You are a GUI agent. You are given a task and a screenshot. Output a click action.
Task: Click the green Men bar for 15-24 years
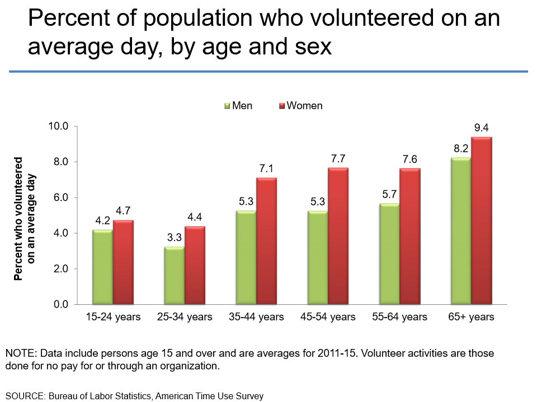102,267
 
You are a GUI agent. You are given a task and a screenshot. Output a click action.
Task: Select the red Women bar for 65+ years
481,221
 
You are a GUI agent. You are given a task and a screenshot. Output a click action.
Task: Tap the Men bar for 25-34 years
174,275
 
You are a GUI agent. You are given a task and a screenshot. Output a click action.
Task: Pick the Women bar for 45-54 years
338,236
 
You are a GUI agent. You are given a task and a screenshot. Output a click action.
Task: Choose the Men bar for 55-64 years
389,254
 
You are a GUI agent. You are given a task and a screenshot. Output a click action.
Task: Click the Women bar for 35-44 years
266,241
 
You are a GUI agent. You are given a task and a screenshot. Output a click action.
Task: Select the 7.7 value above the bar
338,159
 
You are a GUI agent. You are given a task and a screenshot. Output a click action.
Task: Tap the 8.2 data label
460,149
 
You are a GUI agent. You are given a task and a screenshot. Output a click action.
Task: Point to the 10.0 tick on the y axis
58,126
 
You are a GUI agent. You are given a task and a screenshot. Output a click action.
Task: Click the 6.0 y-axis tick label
60,198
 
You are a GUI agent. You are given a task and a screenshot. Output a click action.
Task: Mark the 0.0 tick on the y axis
60,304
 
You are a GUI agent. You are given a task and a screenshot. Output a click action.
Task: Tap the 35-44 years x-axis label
256,317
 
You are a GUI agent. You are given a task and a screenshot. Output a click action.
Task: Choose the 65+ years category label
471,317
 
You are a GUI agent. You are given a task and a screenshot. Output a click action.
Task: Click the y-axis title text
26,218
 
